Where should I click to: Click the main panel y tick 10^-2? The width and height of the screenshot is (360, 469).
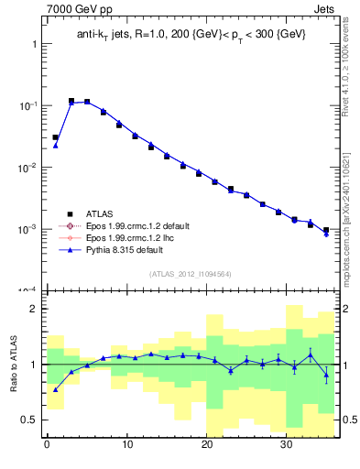[x=26, y=167]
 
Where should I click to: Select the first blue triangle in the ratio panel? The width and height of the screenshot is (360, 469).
[x=56, y=389]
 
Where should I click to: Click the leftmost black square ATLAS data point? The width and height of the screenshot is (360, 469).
[x=56, y=137]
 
